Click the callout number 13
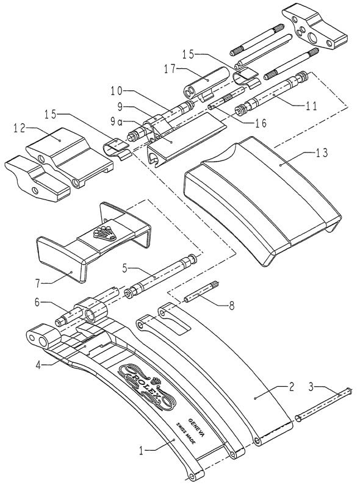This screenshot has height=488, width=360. click(x=322, y=153)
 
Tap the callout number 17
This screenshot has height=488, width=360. click(x=170, y=69)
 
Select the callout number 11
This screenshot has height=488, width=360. click(x=311, y=106)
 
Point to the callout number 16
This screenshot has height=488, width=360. click(x=261, y=123)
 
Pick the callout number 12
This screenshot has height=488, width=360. click(x=20, y=129)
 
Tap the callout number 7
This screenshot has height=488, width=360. click(x=38, y=283)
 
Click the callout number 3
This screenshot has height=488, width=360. click(x=311, y=387)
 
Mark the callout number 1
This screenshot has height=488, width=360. click(x=142, y=450)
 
